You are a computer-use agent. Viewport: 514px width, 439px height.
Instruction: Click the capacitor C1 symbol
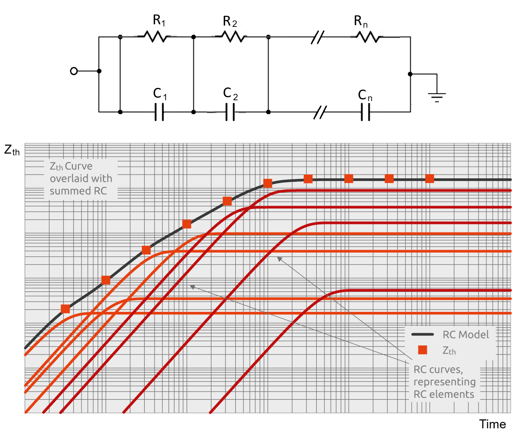click(x=159, y=112)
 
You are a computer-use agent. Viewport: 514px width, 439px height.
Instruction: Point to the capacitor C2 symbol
click(x=230, y=112)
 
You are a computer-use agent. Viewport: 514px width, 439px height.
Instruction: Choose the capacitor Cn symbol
click(x=365, y=112)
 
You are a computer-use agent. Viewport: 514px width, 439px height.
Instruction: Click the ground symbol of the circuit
click(x=437, y=96)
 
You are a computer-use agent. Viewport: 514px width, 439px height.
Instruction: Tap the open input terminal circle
click(x=74, y=71)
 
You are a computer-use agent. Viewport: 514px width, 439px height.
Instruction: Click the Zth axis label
click(x=12, y=150)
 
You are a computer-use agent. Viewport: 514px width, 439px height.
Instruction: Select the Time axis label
click(x=492, y=424)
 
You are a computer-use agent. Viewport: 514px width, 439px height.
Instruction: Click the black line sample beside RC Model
click(x=422, y=334)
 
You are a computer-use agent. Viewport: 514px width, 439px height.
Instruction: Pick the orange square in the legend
click(x=422, y=350)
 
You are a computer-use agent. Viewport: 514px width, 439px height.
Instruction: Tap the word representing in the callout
click(x=444, y=382)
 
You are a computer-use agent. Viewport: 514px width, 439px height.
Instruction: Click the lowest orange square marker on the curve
click(x=65, y=309)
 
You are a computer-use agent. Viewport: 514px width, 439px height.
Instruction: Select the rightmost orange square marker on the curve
click(x=429, y=178)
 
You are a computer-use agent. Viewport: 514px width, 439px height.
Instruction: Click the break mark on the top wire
click(x=318, y=38)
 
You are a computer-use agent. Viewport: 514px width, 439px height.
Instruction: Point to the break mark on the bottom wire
click(x=320, y=112)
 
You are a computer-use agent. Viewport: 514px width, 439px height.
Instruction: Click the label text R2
click(x=230, y=21)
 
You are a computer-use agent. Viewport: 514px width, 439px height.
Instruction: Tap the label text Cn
click(x=365, y=96)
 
